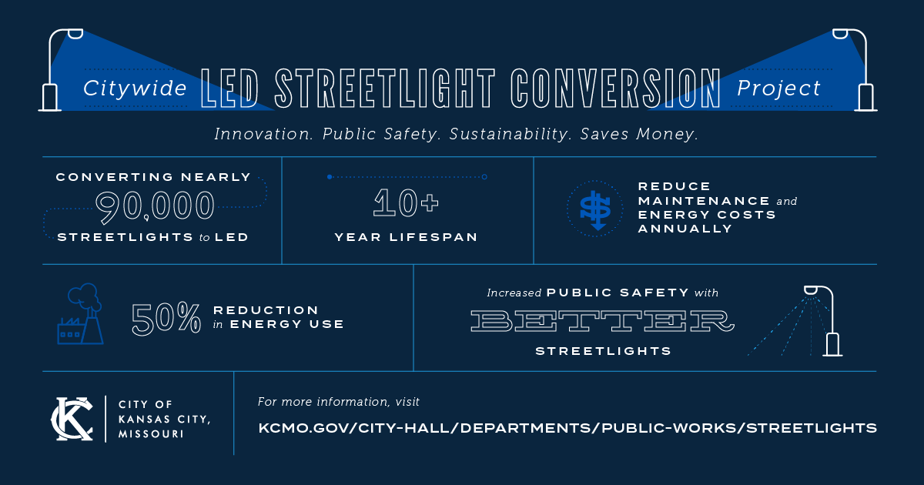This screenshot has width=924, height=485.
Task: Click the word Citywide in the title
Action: pyautogui.click(x=135, y=89)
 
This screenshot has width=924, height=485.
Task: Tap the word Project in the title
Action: pyautogui.click(x=778, y=89)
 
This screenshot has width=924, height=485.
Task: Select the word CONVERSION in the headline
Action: pyautogui.click(x=615, y=88)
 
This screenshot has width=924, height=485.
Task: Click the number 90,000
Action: pyautogui.click(x=155, y=206)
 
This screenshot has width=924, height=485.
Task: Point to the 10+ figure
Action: pyautogui.click(x=406, y=202)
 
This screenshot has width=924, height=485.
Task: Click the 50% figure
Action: pyautogui.click(x=166, y=318)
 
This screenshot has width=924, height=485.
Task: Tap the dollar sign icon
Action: pyautogui.click(x=595, y=209)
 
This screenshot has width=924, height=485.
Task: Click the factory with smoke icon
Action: pyautogui.click(x=80, y=314)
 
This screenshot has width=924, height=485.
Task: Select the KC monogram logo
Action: pyautogui.click(x=72, y=419)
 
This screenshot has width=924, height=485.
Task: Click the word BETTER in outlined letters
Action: pyautogui.click(x=603, y=321)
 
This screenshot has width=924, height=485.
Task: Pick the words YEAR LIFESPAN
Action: pyautogui.click(x=406, y=237)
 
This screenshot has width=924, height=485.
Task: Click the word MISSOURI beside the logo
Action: pyautogui.click(x=151, y=434)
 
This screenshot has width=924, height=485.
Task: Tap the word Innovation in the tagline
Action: pyautogui.click(x=263, y=134)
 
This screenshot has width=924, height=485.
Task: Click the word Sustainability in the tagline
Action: pyautogui.click(x=511, y=134)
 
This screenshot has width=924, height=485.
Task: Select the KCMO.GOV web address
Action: pyautogui.click(x=567, y=428)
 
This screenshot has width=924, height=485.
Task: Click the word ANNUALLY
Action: pyautogui.click(x=685, y=229)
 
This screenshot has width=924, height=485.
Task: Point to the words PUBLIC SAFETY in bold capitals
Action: pyautogui.click(x=618, y=293)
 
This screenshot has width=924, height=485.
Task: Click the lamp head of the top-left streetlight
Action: pyautogui.click(x=75, y=34)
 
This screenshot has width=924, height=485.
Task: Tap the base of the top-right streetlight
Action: pyautogui.click(x=865, y=98)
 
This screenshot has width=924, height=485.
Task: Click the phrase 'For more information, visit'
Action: pyautogui.click(x=338, y=402)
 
